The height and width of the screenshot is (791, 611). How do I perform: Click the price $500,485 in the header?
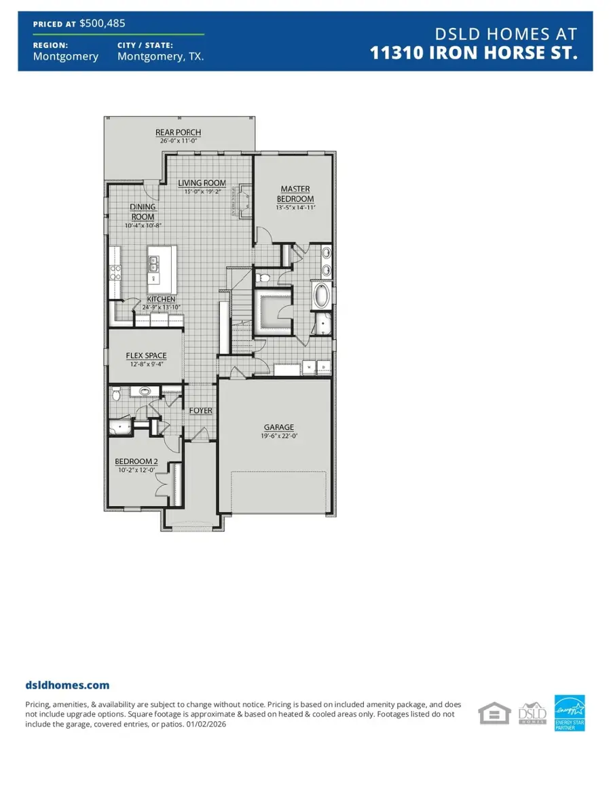pyautogui.click(x=102, y=23)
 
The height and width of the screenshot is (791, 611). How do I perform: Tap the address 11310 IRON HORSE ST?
pyautogui.click(x=474, y=54)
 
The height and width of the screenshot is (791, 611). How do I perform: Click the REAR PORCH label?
pyautogui.click(x=179, y=132)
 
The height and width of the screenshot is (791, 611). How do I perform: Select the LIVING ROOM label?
pyautogui.click(x=202, y=183)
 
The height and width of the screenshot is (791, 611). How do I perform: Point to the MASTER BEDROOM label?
pyautogui.click(x=295, y=193)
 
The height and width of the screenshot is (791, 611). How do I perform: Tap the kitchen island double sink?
pyautogui.click(x=153, y=261)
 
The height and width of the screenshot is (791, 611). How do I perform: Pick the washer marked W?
pyautogui.click(x=310, y=368)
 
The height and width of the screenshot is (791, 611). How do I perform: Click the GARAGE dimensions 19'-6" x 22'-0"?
pyautogui.click(x=279, y=436)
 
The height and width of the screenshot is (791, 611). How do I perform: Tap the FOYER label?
pyautogui.click(x=200, y=410)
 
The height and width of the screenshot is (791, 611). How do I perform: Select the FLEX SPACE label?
pyautogui.click(x=146, y=355)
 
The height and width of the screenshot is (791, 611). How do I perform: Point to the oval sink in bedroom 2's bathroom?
pyautogui.click(x=144, y=391)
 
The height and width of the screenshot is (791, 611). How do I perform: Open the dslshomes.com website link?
pyautogui.click(x=67, y=686)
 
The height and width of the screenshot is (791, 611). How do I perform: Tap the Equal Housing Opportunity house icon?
pyautogui.click(x=494, y=714)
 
